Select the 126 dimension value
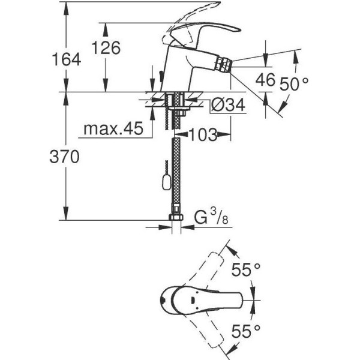(107, 47)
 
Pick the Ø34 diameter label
(229, 106)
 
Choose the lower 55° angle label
(246, 329)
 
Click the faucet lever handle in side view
(207, 31)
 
